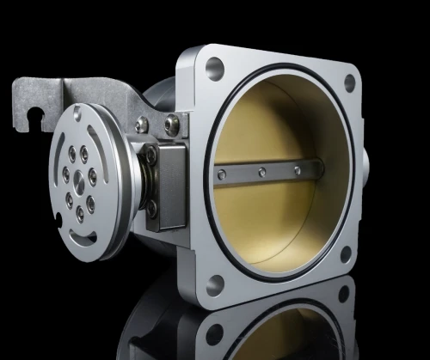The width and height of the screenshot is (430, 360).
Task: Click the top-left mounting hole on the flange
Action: pyautogui.click(x=214, y=69)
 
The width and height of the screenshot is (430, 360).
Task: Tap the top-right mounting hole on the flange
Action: pyautogui.click(x=349, y=82)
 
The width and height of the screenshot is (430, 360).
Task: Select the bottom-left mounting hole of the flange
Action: pyautogui.click(x=215, y=281)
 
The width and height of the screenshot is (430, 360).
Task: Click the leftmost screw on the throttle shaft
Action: pyautogui.click(x=222, y=175)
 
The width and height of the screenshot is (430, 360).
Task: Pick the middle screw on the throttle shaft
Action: pyautogui.click(x=261, y=172)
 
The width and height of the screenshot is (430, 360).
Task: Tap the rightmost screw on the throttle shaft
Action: pyautogui.click(x=298, y=170)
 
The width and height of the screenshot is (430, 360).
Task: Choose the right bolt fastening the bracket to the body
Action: pyautogui.click(x=172, y=123)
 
